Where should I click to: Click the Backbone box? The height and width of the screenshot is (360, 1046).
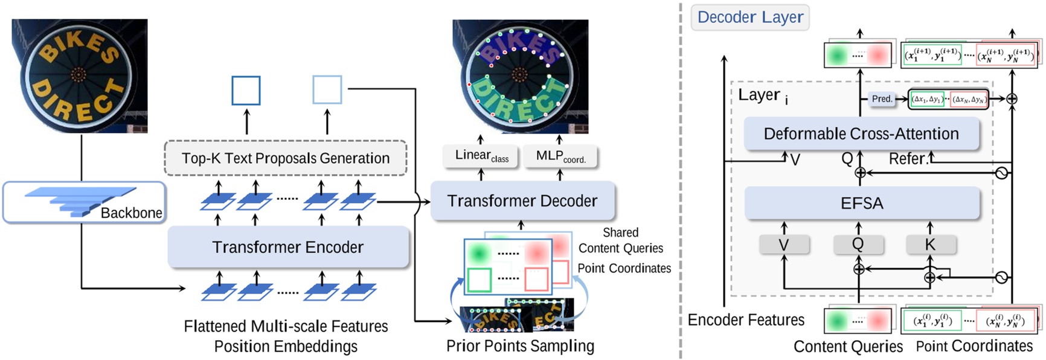[x=84, y=203]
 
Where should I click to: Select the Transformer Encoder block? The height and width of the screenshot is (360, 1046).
[x=288, y=247]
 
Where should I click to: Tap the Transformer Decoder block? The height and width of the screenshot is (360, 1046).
[x=522, y=201]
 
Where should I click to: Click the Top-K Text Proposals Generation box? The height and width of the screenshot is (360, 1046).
[x=286, y=158]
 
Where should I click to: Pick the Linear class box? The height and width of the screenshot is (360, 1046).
[x=481, y=156]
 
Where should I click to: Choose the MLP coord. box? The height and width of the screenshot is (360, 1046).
[x=560, y=156]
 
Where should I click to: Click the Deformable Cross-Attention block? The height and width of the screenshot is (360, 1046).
[x=861, y=134]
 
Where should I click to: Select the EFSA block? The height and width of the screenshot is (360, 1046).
[x=861, y=203]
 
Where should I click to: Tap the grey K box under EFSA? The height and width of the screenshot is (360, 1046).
[x=930, y=245]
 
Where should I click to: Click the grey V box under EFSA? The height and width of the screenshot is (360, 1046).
[x=784, y=245]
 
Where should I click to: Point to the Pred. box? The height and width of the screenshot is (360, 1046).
[x=882, y=99]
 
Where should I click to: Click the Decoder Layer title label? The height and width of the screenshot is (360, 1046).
[x=750, y=17]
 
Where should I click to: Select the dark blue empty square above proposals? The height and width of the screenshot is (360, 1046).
[x=246, y=91]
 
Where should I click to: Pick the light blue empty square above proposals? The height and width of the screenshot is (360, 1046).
[x=327, y=90]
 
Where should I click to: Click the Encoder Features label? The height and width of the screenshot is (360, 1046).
[x=746, y=320]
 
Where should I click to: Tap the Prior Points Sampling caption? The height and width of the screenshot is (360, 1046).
[x=520, y=346]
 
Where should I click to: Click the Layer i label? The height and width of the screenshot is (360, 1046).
[x=762, y=95]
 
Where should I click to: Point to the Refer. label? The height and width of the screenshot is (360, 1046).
[x=908, y=159]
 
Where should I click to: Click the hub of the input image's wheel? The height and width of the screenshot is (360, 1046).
[x=78, y=75]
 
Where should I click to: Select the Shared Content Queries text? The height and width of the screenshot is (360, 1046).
[x=620, y=240]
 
